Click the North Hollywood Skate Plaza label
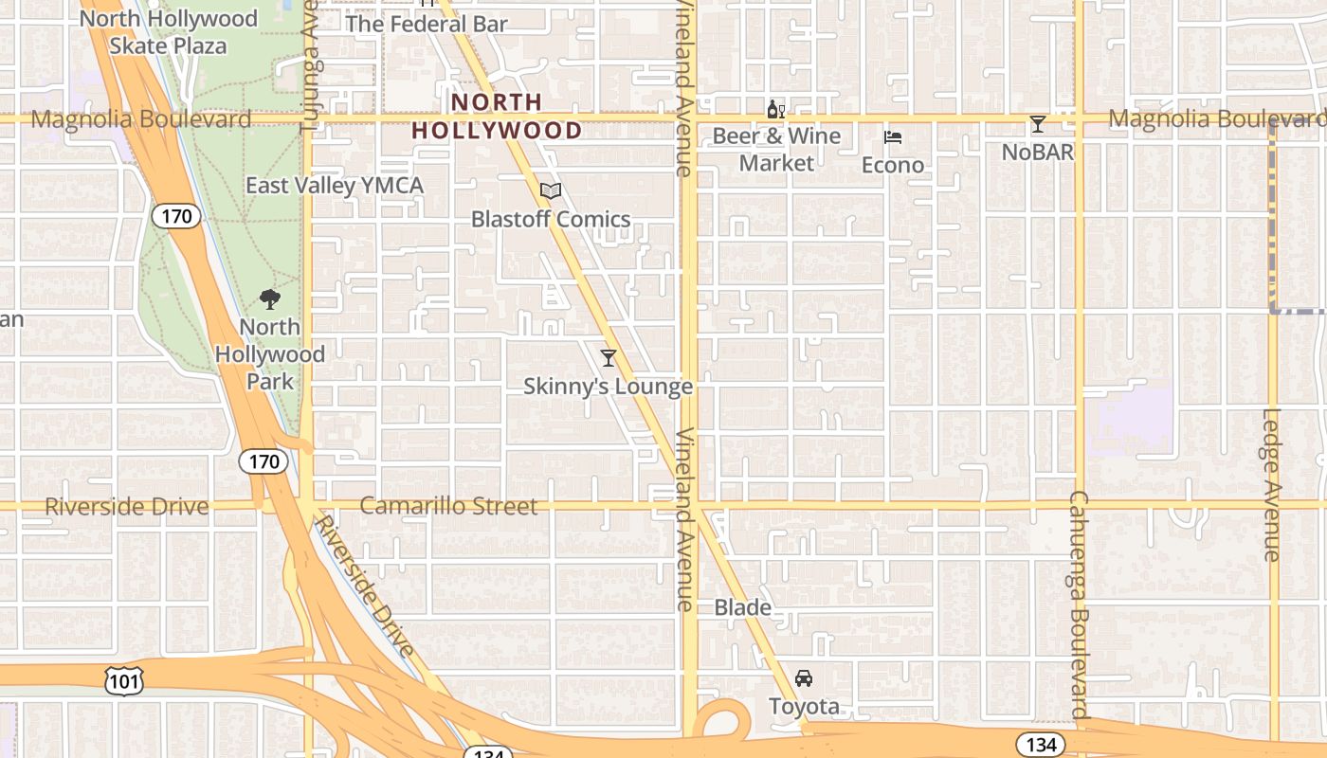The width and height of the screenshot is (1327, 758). pyautogui.click(x=168, y=32)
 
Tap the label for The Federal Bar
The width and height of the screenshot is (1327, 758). pyautogui.click(x=427, y=24)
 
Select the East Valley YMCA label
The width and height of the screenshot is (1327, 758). pyautogui.click(x=335, y=186)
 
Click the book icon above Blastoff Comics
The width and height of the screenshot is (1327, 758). pyautogui.click(x=551, y=191)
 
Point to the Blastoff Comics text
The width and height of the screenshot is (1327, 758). pyautogui.click(x=551, y=220)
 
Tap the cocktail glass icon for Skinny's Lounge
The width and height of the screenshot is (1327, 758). pyautogui.click(x=609, y=358)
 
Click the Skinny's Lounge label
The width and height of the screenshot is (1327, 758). pyautogui.click(x=609, y=387)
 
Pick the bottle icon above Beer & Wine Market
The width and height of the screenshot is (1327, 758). pyautogui.click(x=775, y=109)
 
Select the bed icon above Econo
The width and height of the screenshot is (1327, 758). pyautogui.click(x=893, y=137)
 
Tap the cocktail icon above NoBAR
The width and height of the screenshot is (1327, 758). pyautogui.click(x=1038, y=124)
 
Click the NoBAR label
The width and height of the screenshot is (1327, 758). pyautogui.click(x=1038, y=152)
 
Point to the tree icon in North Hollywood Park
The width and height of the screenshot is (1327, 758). pyautogui.click(x=270, y=299)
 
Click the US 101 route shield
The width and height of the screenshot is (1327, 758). pyautogui.click(x=125, y=681)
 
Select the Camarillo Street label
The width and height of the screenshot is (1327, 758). pyautogui.click(x=448, y=506)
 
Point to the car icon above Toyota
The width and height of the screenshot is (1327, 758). pyautogui.click(x=804, y=678)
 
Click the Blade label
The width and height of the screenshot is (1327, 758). pyautogui.click(x=742, y=607)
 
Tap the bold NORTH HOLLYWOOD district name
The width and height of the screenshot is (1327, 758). pyautogui.click(x=497, y=116)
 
